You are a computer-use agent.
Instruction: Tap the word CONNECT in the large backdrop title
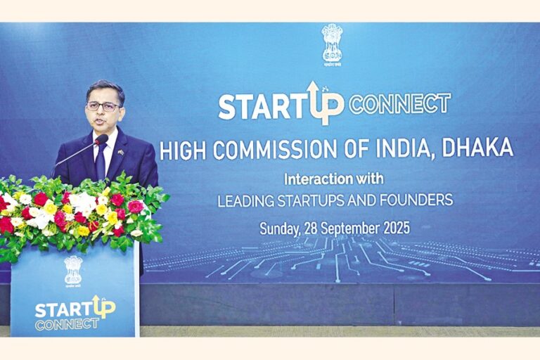pos(399,104)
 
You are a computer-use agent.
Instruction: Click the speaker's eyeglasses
pos(103,106)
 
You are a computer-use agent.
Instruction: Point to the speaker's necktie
pos(101,160)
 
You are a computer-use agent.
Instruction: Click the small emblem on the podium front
pos(73,269)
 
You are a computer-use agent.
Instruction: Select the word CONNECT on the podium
pos(67,324)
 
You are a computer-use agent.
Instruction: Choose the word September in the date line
pos(346,229)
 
